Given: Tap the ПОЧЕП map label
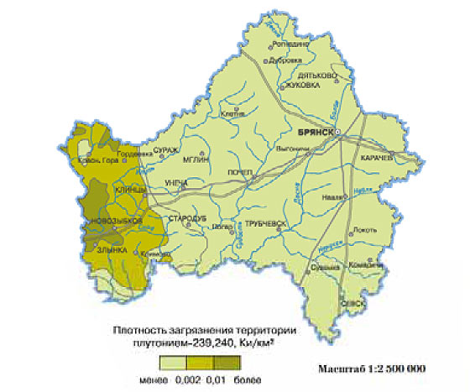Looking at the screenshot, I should (241, 172).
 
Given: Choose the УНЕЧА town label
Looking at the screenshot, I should (176, 182).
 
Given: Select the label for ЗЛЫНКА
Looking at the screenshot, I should (112, 249).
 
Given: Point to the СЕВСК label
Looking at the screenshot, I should (352, 304).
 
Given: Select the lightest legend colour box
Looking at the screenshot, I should (174, 363).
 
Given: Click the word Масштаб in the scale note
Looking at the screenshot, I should (342, 369).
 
